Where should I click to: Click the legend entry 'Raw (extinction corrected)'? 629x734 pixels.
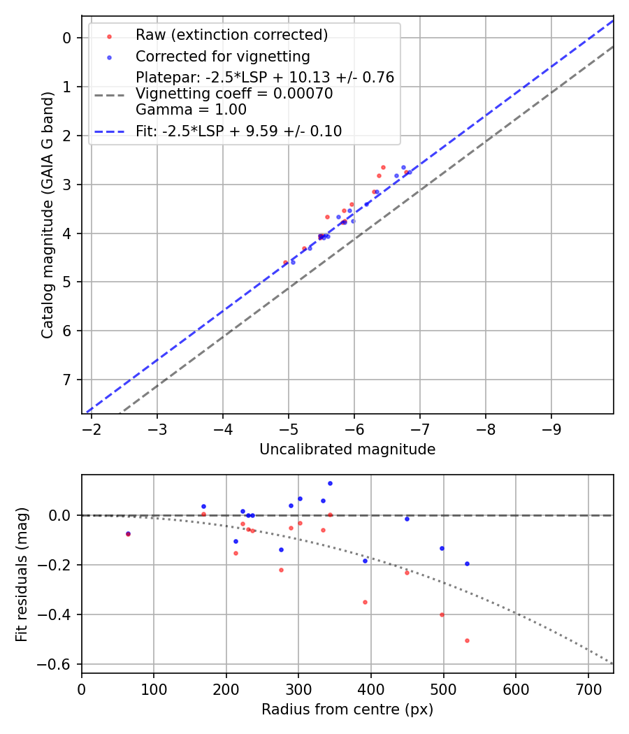[231, 35]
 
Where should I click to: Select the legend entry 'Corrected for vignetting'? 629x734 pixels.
[222, 56]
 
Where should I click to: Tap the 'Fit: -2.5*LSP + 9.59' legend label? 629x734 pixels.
[238, 131]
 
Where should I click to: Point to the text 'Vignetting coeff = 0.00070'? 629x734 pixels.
[234, 94]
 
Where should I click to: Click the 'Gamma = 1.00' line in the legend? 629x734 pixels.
[191, 110]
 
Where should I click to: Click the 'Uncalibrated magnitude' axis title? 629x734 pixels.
[347, 449]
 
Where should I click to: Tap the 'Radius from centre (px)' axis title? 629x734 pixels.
[347, 710]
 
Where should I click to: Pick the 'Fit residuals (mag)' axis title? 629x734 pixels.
[22, 574]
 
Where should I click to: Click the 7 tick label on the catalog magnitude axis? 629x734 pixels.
[68, 380]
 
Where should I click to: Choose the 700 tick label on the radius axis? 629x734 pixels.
[588, 689]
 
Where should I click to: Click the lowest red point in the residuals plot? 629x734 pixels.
[467, 640]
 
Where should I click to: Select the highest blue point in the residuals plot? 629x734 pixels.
[330, 483]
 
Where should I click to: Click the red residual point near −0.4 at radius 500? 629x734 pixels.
[442, 614]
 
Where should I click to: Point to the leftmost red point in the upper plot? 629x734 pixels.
[285, 262]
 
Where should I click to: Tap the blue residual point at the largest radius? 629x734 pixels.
[467, 563]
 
